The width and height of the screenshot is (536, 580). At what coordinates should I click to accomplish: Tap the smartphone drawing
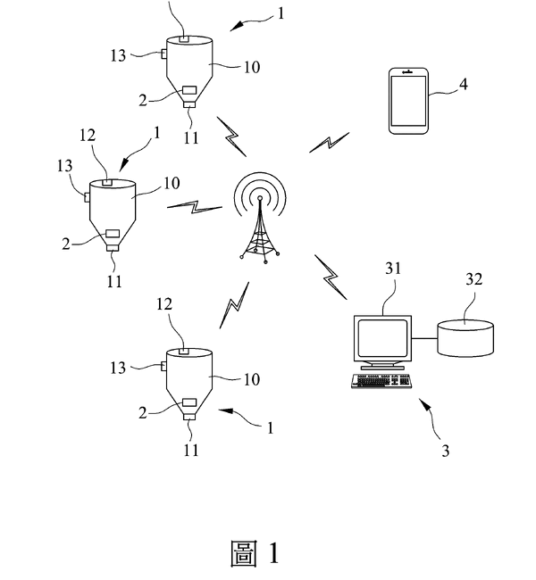pyautogui.click(x=407, y=102)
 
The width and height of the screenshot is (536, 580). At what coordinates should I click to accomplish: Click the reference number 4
pyautogui.click(x=462, y=85)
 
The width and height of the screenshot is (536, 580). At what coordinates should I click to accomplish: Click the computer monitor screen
pyautogui.click(x=381, y=338)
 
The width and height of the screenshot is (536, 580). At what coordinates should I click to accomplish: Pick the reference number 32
pyautogui.click(x=473, y=280)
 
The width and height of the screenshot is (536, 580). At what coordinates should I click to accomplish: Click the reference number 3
pyautogui.click(x=444, y=451)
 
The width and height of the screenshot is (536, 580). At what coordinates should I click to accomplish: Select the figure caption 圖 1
pyautogui.click(x=255, y=553)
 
